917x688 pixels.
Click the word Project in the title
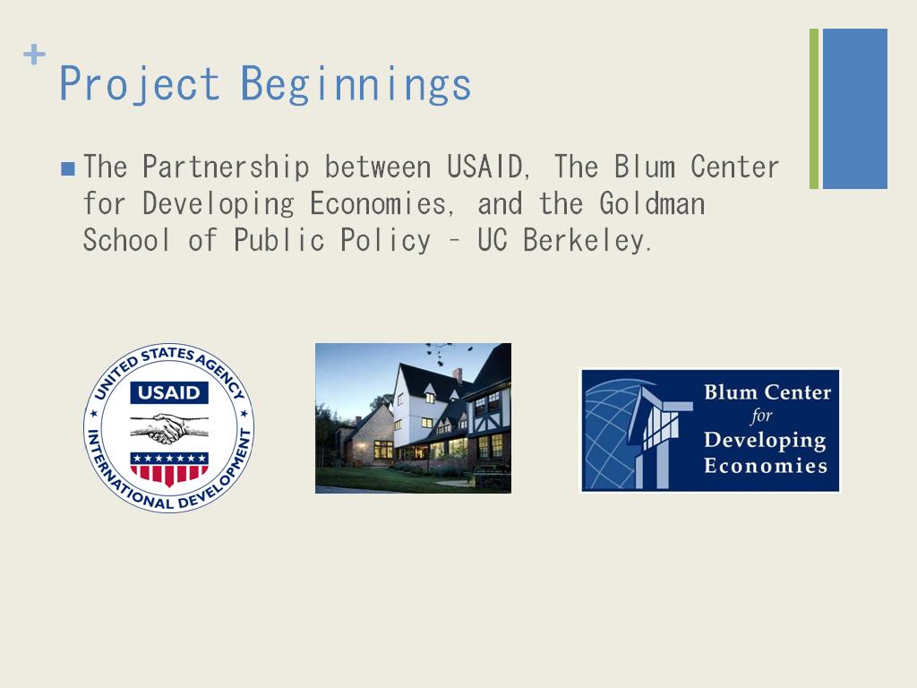point(139,84)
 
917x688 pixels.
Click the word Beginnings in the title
point(356,84)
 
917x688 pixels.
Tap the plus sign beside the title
point(35,55)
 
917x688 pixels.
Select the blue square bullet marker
point(68,169)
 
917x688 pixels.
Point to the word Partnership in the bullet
point(226,168)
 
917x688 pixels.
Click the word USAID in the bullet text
point(484,167)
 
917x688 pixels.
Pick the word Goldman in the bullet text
point(652,203)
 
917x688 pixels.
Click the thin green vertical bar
point(814,108)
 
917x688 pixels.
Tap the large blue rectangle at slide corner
point(855,108)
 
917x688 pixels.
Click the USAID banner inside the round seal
point(169,392)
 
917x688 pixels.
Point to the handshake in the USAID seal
point(169,428)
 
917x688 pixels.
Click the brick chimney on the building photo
point(458,375)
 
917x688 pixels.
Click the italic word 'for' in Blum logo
point(761,416)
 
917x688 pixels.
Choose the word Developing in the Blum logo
point(765,441)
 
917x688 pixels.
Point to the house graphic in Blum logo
point(660,436)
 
